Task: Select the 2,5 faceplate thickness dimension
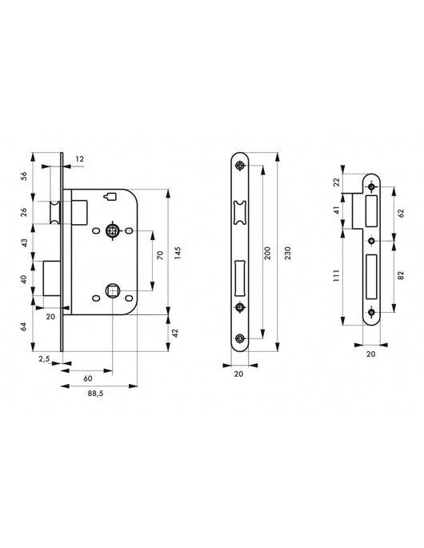46,361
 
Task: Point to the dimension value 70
159,258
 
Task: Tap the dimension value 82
400,274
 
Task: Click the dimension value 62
400,214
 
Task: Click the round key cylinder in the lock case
113,231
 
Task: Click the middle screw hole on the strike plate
371,239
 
